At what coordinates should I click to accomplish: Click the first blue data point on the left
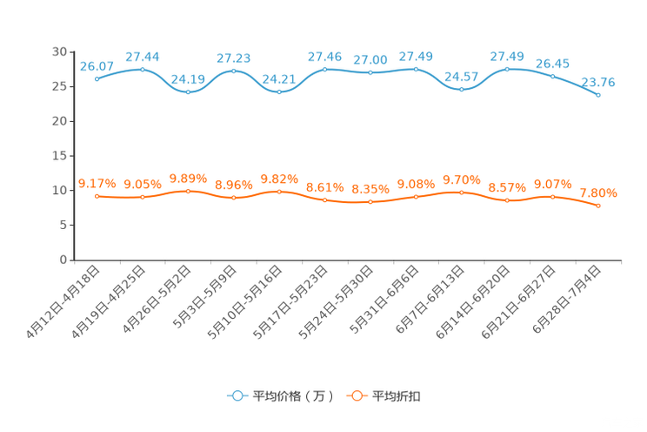click(x=97, y=78)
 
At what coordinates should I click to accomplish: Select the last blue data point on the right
click(x=598, y=94)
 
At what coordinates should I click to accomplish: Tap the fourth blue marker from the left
click(x=233, y=71)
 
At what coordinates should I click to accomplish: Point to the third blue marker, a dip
click(x=188, y=91)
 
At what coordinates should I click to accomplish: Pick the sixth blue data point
click(x=324, y=68)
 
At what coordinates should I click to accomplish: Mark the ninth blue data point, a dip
click(x=461, y=88)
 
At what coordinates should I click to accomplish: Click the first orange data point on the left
click(x=97, y=196)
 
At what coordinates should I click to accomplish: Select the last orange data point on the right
click(x=598, y=206)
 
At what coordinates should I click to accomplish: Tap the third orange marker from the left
click(x=188, y=191)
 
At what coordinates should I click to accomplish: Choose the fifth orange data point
click(x=279, y=191)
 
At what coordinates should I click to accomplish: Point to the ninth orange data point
click(x=461, y=192)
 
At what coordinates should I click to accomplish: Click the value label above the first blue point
click(x=97, y=65)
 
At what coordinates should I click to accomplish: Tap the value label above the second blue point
click(x=142, y=57)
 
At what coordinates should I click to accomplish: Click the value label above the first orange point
click(x=97, y=183)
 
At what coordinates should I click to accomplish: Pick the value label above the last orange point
click(x=598, y=192)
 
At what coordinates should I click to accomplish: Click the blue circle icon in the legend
click(x=236, y=395)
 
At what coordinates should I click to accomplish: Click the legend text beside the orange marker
click(x=397, y=396)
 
